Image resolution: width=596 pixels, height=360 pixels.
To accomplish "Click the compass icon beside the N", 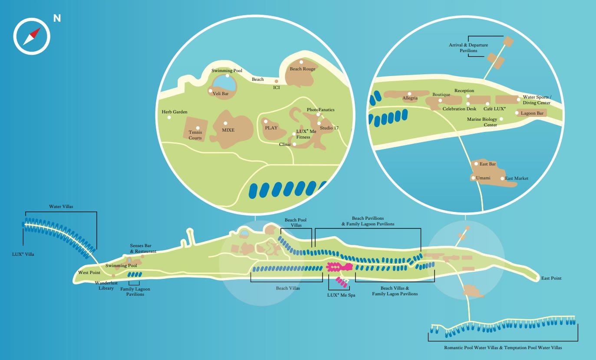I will click(x=32, y=36).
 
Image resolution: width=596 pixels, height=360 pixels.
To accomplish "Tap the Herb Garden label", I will click(x=175, y=112).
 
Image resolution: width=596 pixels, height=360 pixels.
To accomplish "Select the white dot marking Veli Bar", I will click(x=211, y=91).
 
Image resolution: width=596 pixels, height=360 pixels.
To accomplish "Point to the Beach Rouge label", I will click(x=303, y=69).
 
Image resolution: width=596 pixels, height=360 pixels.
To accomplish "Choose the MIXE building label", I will click(x=228, y=130).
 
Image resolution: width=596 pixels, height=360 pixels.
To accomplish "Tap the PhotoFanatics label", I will click(x=320, y=110).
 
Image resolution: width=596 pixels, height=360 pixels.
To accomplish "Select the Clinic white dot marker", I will click(x=294, y=144).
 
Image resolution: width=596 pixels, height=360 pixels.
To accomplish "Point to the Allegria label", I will click(x=410, y=98).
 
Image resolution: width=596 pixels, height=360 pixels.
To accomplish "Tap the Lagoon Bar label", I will click(x=532, y=113).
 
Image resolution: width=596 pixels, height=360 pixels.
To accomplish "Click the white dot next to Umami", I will click(x=473, y=178).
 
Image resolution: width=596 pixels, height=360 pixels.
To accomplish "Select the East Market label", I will click(x=516, y=178).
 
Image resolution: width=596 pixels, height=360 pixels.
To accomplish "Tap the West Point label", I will click(x=89, y=273).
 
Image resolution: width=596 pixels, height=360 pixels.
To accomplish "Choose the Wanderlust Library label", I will click(x=106, y=285).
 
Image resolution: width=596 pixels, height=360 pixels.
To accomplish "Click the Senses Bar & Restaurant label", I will click(x=143, y=248).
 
